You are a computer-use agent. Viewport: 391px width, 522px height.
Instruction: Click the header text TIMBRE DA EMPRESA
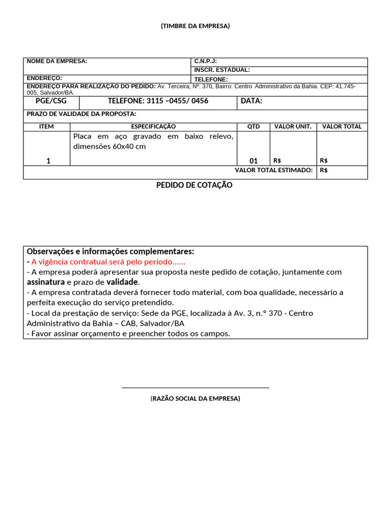pyautogui.click(x=195, y=26)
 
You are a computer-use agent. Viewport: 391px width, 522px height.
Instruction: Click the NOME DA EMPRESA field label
pyautogui.click(x=57, y=61)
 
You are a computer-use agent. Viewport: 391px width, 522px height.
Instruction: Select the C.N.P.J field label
pyautogui.click(x=206, y=61)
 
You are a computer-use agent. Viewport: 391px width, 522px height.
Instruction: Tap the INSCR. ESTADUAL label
pyautogui.click(x=222, y=70)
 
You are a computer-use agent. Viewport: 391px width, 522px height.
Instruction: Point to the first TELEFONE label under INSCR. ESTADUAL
pyautogui.click(x=211, y=80)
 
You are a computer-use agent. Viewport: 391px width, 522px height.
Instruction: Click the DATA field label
pyautogui.click(x=252, y=101)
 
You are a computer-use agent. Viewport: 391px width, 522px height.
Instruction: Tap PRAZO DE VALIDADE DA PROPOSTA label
pyautogui.click(x=81, y=114)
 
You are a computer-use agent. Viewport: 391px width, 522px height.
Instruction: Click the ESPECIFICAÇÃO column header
pyautogui.click(x=153, y=126)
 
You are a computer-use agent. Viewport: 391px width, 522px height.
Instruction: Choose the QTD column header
pyautogui.click(x=254, y=126)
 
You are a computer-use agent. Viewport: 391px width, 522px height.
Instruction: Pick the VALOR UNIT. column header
pyautogui.click(x=293, y=126)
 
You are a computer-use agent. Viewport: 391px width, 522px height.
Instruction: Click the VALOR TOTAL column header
pyautogui.click(x=342, y=126)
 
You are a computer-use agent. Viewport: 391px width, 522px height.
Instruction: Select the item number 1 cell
pyautogui.click(x=48, y=161)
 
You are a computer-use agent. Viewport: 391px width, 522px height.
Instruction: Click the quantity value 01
pyautogui.click(x=254, y=161)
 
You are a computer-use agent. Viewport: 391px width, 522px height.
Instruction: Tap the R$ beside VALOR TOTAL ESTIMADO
pyautogui.click(x=324, y=170)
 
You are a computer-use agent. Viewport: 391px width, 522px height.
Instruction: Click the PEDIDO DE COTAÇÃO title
pyautogui.click(x=194, y=185)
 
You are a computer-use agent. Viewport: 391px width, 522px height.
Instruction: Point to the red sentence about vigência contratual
pyautogui.click(x=108, y=262)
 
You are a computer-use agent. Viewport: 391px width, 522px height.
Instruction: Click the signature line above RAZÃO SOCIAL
pyautogui.click(x=195, y=387)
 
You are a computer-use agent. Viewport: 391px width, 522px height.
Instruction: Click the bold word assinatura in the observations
pyautogui.click(x=46, y=282)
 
